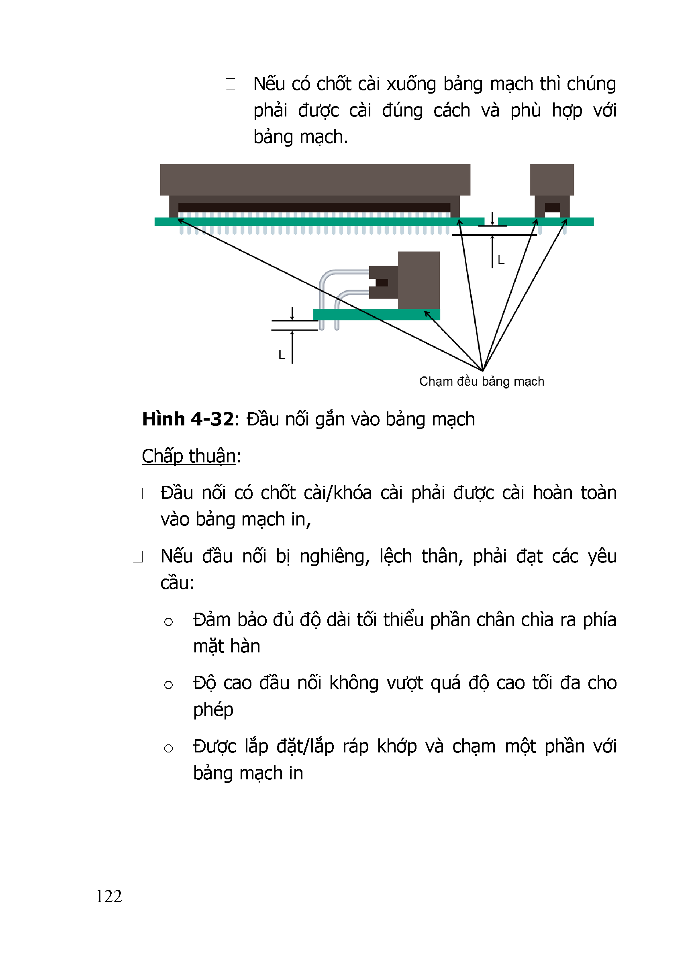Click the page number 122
pos(109,896)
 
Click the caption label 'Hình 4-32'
pos(188,419)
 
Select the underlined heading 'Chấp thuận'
pos(188,456)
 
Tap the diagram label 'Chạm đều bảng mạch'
pos(482,381)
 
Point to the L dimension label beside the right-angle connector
pos(282,355)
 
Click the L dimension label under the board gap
pos(501,260)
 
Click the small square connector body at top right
pos(551,180)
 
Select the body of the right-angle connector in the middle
pos(419,280)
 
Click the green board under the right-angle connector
pos(376,315)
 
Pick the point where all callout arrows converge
pos(482,370)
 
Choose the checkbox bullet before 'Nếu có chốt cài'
pos(231,84)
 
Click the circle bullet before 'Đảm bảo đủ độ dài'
pos(169,622)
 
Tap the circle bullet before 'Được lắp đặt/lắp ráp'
pos(169,748)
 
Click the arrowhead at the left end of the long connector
pos(179,220)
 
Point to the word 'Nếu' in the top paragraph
pos(269,84)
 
